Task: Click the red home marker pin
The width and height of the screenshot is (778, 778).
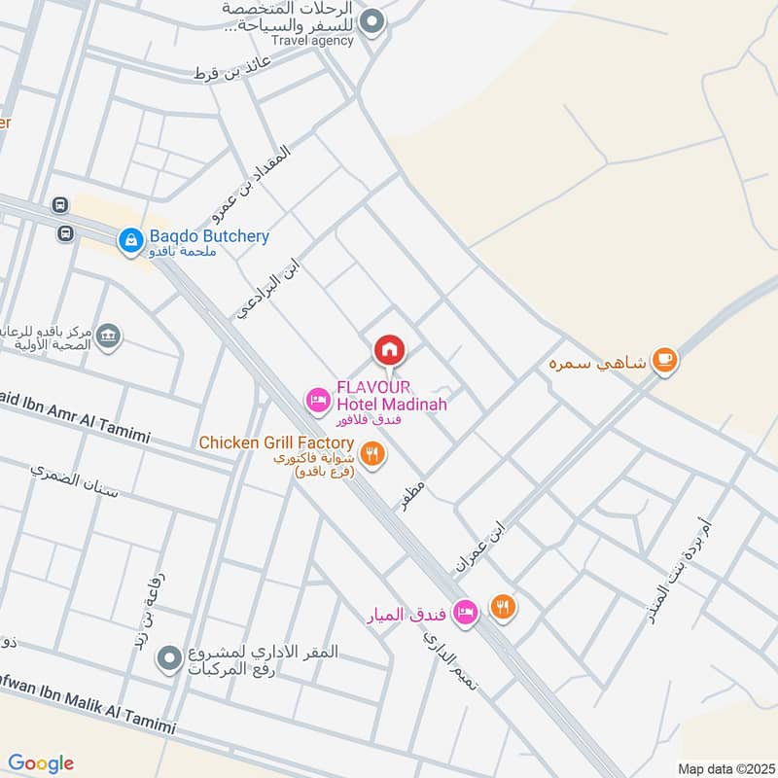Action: coord(389,349)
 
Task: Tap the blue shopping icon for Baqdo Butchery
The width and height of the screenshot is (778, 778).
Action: coord(130,237)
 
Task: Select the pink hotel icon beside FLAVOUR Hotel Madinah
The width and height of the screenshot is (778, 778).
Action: coord(317,399)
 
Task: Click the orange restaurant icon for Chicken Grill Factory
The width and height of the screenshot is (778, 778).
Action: coord(371,452)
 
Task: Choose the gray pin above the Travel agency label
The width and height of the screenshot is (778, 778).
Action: coord(371,21)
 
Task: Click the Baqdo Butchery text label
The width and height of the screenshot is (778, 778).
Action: coord(209,236)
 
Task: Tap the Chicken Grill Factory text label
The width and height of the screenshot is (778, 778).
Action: coord(276,443)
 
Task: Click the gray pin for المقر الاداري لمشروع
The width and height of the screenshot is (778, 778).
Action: coord(170,659)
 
